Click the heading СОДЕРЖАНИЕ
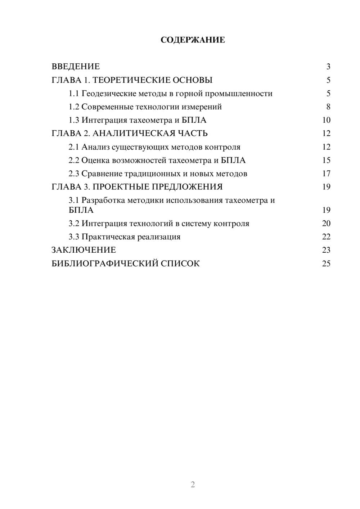click(x=193, y=40)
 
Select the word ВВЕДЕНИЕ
click(x=76, y=67)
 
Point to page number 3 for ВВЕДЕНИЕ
click(x=328, y=67)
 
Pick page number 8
click(x=328, y=107)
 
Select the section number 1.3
click(x=74, y=120)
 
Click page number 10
click(x=326, y=120)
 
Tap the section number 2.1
click(x=74, y=147)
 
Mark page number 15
click(x=326, y=160)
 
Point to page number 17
click(x=326, y=174)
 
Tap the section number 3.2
click(x=74, y=224)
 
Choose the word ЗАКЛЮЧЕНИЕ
click(x=84, y=250)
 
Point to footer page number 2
click(x=193, y=485)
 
